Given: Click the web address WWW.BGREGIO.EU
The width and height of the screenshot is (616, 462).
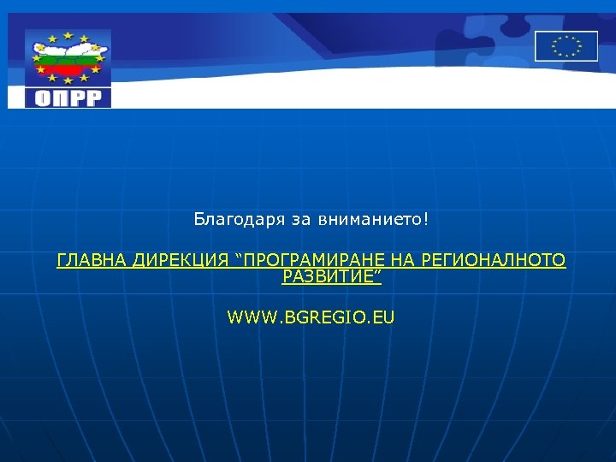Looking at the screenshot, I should click(x=311, y=317).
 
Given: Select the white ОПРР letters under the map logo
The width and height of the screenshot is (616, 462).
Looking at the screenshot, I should click(x=68, y=98).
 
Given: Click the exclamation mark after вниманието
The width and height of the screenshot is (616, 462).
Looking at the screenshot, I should click(x=424, y=221).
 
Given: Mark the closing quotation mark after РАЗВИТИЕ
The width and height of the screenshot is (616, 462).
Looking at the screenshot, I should click(x=378, y=273).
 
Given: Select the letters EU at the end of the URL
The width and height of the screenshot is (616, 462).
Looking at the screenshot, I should click(x=384, y=317).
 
